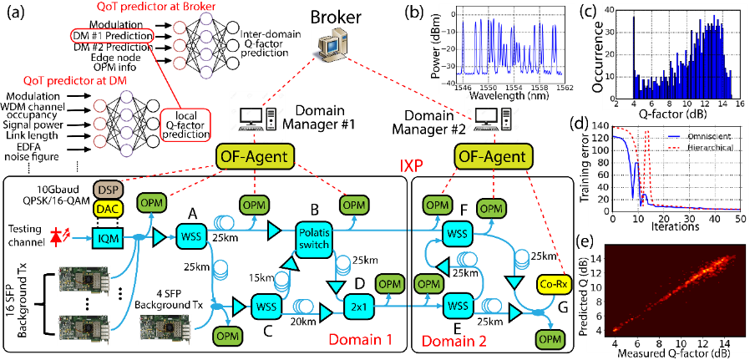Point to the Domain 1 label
click(x=360, y=341)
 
